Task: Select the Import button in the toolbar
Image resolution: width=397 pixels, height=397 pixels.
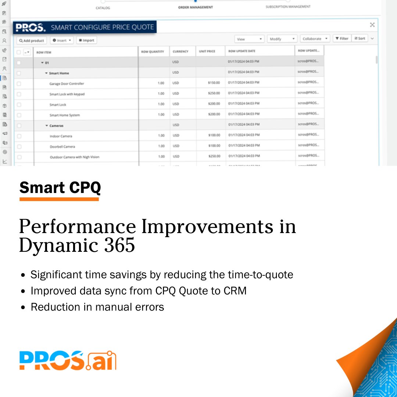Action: [x=87, y=40]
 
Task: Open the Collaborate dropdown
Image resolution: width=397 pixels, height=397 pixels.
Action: [x=315, y=39]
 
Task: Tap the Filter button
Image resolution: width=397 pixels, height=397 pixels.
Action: [x=342, y=38]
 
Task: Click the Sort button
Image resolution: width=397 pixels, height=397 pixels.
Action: [x=360, y=38]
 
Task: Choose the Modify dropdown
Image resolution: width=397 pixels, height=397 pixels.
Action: [x=282, y=39]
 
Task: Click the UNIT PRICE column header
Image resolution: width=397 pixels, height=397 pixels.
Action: [x=207, y=51]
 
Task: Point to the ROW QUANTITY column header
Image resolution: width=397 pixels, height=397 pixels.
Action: [x=152, y=52]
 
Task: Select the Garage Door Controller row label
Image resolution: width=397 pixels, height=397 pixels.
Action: [x=67, y=84]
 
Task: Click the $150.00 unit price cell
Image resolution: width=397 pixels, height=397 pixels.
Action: [x=214, y=83]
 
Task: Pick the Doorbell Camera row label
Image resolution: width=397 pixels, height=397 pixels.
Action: [x=62, y=147]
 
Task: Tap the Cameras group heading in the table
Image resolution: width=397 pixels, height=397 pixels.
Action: [x=57, y=126]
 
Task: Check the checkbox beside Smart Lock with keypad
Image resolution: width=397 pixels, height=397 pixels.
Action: [x=19, y=94]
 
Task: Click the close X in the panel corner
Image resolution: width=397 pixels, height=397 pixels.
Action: [x=372, y=25]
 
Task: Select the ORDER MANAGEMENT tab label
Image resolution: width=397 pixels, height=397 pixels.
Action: [x=195, y=7]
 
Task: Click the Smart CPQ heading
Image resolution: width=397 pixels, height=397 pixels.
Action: [x=60, y=188]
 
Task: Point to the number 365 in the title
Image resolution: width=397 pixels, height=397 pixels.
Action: [x=119, y=245]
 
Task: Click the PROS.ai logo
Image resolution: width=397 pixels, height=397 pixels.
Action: [x=68, y=361]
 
